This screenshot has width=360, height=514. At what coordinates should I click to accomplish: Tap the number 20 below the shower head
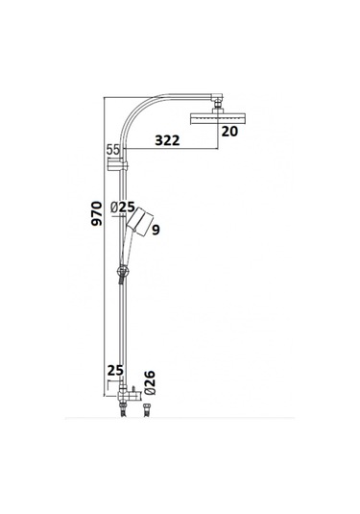pyautogui.click(x=228, y=133)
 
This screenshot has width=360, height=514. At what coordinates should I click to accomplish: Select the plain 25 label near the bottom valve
pyautogui.click(x=115, y=369)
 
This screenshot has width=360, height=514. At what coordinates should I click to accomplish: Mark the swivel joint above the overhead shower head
pyautogui.click(x=218, y=101)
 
